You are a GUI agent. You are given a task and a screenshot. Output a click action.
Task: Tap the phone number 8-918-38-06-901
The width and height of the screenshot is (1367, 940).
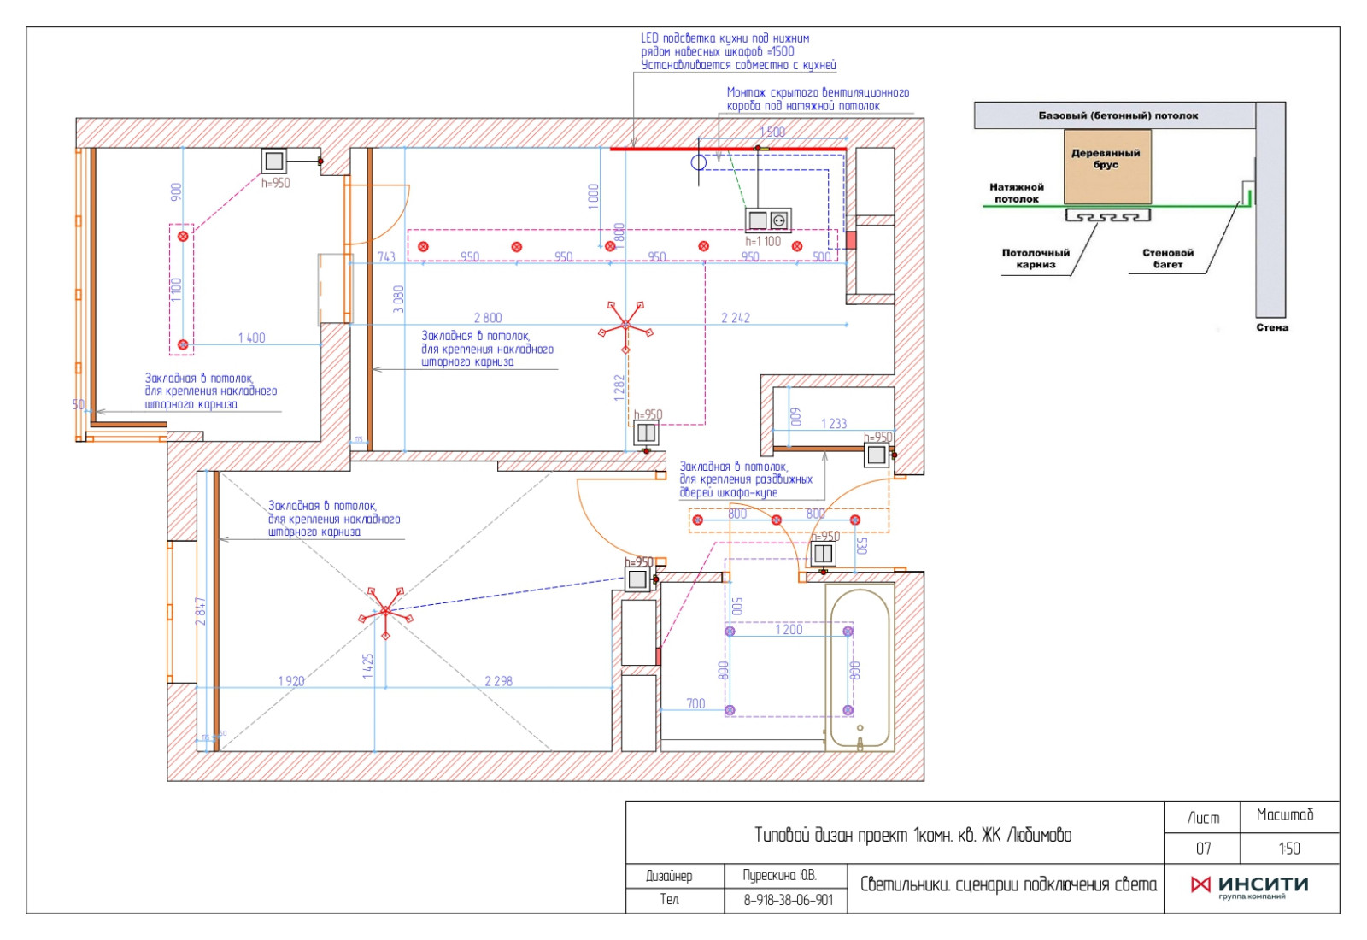(787, 900)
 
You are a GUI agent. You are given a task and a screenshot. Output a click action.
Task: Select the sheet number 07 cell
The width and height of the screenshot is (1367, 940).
(1203, 849)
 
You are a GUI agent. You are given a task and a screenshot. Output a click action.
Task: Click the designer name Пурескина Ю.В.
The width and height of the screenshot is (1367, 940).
(779, 875)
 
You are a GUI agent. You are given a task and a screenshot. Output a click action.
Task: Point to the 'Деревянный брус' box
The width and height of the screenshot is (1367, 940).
(1106, 165)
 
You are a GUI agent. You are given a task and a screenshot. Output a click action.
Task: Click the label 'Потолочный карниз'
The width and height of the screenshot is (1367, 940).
(1036, 258)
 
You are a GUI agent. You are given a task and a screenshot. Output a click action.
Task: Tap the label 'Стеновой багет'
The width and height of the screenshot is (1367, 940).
(1168, 258)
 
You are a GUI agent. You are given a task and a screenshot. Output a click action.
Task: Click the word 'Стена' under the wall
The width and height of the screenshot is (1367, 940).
(1271, 327)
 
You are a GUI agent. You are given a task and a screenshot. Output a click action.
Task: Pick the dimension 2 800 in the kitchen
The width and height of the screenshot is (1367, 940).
(488, 318)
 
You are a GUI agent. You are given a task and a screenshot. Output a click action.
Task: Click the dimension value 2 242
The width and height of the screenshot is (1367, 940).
(735, 318)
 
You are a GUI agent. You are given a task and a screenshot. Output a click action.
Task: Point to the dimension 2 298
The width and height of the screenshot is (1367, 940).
(498, 681)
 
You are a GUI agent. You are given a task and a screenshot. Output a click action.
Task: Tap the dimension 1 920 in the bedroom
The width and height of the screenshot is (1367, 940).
(290, 681)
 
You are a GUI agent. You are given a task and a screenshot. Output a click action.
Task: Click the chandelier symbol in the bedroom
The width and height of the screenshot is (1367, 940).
(385, 611)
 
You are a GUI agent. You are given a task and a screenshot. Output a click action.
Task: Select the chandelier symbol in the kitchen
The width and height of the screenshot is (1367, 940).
(625, 325)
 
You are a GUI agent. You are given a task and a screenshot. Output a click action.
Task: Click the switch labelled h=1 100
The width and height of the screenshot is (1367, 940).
(767, 220)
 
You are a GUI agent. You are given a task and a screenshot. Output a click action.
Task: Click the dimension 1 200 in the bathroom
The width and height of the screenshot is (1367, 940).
(788, 630)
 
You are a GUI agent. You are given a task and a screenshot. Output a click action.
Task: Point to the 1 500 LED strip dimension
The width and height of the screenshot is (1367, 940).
(772, 132)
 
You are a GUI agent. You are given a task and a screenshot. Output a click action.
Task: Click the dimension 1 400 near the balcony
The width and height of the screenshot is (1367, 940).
(251, 338)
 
